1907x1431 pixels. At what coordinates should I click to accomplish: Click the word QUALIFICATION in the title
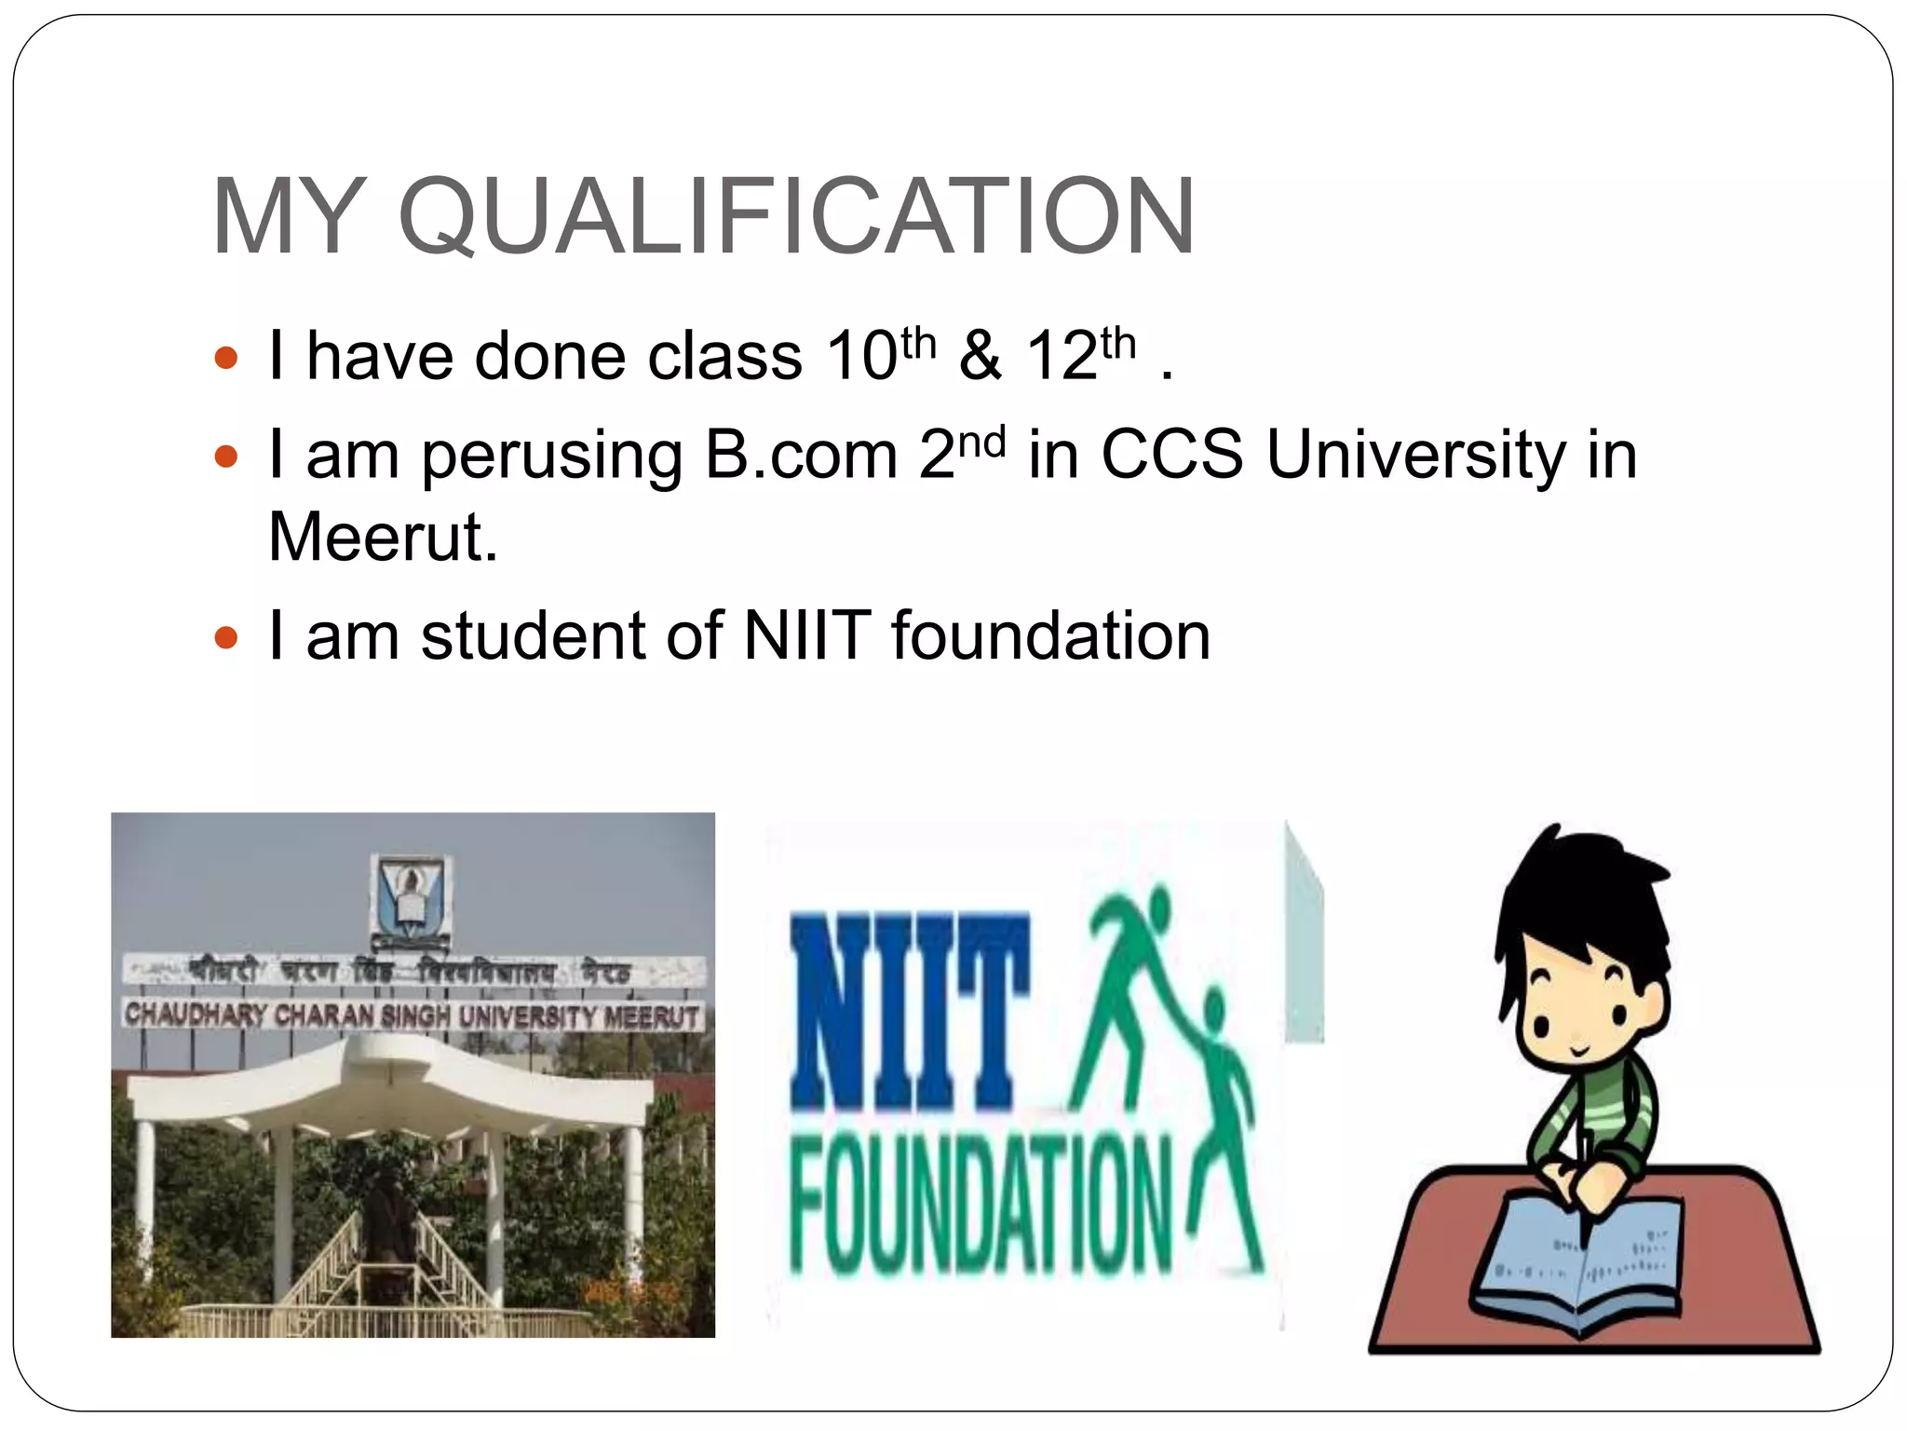point(796,216)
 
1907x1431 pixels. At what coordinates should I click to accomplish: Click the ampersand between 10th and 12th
point(981,357)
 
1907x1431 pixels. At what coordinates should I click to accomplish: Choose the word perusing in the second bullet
point(552,457)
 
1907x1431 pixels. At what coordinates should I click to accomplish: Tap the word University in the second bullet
point(1416,457)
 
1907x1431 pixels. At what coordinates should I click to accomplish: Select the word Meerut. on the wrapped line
point(383,538)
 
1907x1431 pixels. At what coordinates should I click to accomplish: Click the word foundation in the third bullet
point(1050,636)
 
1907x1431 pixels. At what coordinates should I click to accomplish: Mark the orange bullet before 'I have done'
point(226,358)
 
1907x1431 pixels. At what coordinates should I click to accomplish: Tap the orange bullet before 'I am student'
point(226,638)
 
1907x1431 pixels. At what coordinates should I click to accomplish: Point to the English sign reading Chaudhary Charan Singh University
point(412,1015)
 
